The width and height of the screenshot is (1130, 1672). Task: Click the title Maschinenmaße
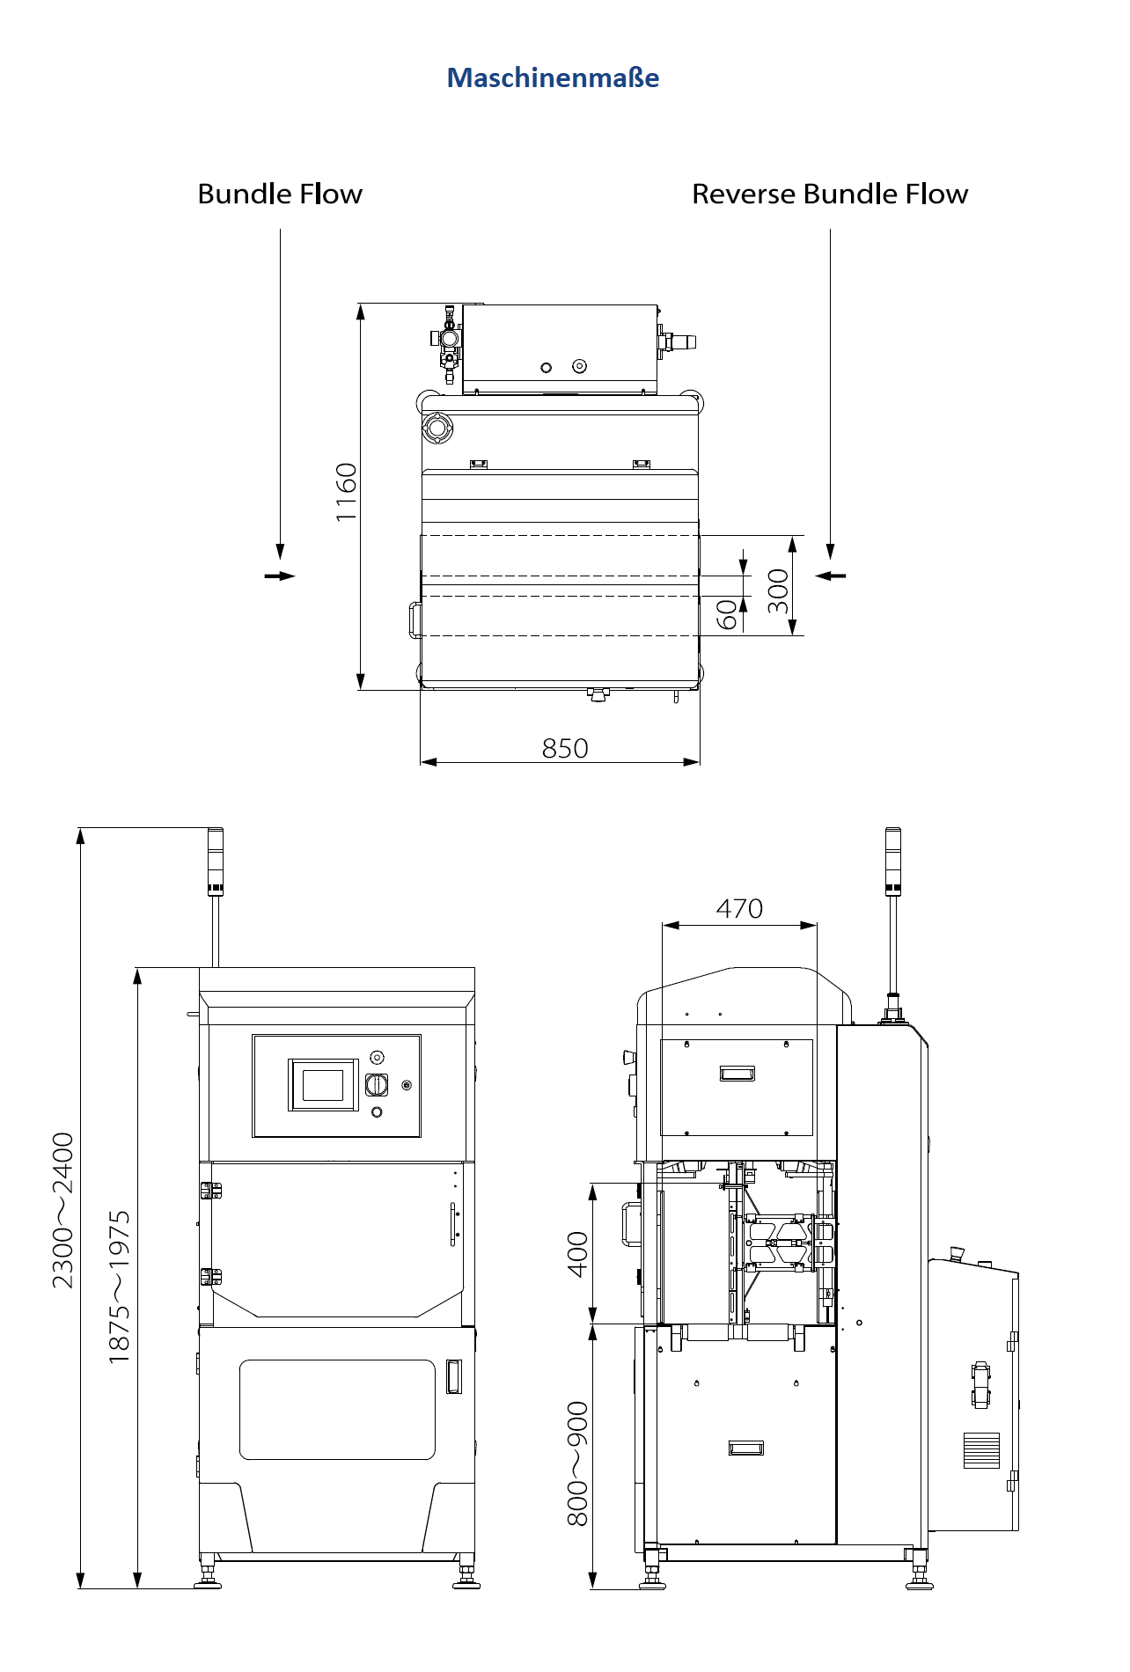[553, 77]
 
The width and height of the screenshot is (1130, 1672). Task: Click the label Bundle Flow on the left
[280, 194]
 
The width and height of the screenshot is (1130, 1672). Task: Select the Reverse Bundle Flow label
[830, 194]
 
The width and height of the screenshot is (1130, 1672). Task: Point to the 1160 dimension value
[347, 492]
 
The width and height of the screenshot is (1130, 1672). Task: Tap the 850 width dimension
[565, 748]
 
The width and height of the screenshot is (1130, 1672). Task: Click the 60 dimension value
[727, 615]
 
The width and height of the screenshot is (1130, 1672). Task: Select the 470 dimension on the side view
[739, 908]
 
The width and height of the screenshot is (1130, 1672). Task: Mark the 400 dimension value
[577, 1255]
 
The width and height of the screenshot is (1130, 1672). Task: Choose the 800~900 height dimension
[577, 1464]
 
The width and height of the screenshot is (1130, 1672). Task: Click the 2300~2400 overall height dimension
[63, 1211]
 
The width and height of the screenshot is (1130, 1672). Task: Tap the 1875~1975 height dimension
[120, 1287]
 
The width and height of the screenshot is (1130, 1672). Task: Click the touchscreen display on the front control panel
[323, 1085]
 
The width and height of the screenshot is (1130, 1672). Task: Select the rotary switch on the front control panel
[377, 1085]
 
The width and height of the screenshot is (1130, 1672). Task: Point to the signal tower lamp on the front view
[216, 862]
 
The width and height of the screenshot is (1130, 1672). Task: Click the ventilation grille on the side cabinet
[981, 1451]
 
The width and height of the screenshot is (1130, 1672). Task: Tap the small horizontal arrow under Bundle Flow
[280, 576]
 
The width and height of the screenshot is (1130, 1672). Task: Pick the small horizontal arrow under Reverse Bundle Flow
[830, 576]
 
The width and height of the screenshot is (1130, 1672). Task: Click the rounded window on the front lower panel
[337, 1410]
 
